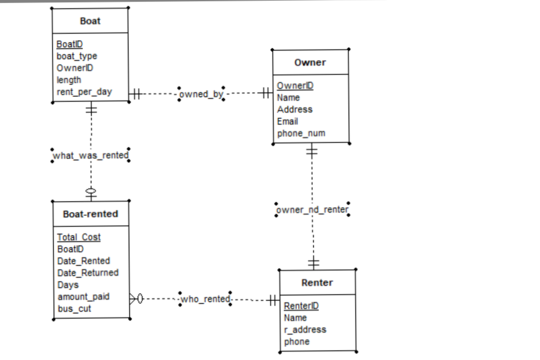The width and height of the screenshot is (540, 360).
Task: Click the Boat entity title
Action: pos(90,21)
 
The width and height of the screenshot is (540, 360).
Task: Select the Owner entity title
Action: pos(310,62)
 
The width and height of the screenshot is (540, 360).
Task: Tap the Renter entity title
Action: pos(317,282)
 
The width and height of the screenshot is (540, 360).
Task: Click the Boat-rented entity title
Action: pos(91,214)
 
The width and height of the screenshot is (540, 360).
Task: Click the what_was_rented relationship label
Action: pos(91,155)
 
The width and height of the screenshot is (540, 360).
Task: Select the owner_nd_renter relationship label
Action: pos(312,210)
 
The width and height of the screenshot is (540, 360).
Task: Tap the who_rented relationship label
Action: pos(205,299)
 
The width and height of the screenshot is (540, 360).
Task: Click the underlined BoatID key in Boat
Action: pos(70,44)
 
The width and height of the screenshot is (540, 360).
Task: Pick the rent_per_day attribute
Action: pos(84,92)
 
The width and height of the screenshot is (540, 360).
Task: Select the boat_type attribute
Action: pos(76,56)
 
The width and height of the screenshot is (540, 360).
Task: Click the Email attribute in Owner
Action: pos(287,121)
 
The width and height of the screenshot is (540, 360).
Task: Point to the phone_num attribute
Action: pos(301,133)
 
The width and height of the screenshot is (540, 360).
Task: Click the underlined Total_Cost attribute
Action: pos(79,237)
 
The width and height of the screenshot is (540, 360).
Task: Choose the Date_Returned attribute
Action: pos(88,273)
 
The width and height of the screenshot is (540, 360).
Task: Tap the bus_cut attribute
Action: pos(74,309)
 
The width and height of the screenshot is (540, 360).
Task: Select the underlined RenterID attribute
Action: pos(301,306)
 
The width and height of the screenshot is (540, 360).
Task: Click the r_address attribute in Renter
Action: pos(305,330)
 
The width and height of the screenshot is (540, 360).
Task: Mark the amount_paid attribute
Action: pos(83,297)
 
